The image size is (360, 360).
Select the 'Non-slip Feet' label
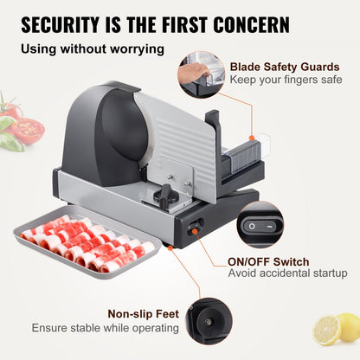point(144,314)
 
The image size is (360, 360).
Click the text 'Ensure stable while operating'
point(106,328)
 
